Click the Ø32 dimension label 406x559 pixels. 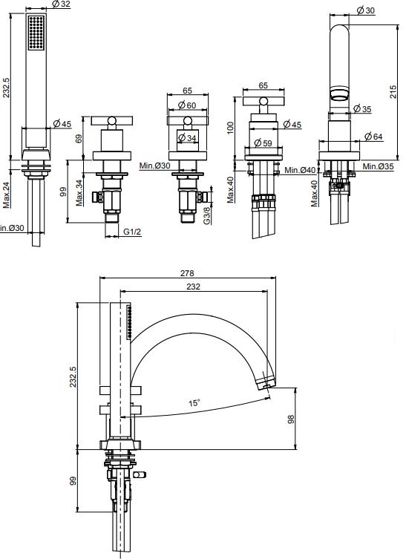(x=61, y=4)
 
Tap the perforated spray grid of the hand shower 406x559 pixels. (x=36, y=33)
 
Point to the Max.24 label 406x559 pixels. (x=7, y=194)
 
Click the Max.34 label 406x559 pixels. (x=79, y=192)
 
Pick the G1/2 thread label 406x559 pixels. (x=132, y=232)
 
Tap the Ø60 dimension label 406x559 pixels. (x=187, y=105)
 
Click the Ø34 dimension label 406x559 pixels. (x=187, y=137)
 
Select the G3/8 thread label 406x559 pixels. (x=207, y=216)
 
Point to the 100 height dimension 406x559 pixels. (x=230, y=128)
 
